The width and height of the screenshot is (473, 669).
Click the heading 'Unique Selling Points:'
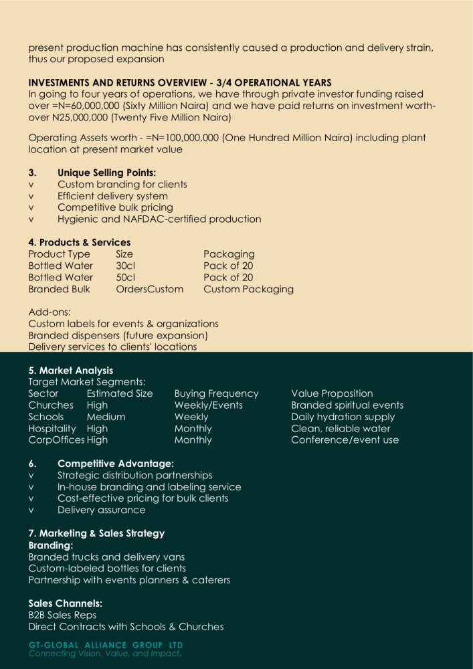point(106,173)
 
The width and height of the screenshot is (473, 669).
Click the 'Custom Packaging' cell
point(248,289)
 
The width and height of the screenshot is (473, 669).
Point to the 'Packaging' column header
point(229,254)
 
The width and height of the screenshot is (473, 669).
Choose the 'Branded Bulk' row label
point(59,289)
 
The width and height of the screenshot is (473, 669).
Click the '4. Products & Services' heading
point(80,242)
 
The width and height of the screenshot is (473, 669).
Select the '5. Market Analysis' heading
point(71,371)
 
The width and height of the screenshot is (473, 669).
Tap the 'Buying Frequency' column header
point(216,393)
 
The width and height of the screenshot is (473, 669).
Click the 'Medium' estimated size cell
point(106,417)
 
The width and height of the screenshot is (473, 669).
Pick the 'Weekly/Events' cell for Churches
point(208,405)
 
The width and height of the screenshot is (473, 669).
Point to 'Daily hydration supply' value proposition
point(343,417)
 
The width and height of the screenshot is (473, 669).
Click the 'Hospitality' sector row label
point(52,429)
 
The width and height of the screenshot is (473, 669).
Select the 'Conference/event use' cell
point(345,440)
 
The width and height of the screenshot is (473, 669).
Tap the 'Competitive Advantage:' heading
point(116,464)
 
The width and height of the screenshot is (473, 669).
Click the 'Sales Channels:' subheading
point(65,603)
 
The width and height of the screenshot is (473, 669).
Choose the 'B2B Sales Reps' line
point(62,615)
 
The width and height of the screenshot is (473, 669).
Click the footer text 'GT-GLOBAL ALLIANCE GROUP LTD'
point(106,645)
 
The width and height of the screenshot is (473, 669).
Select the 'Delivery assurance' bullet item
point(101,510)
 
